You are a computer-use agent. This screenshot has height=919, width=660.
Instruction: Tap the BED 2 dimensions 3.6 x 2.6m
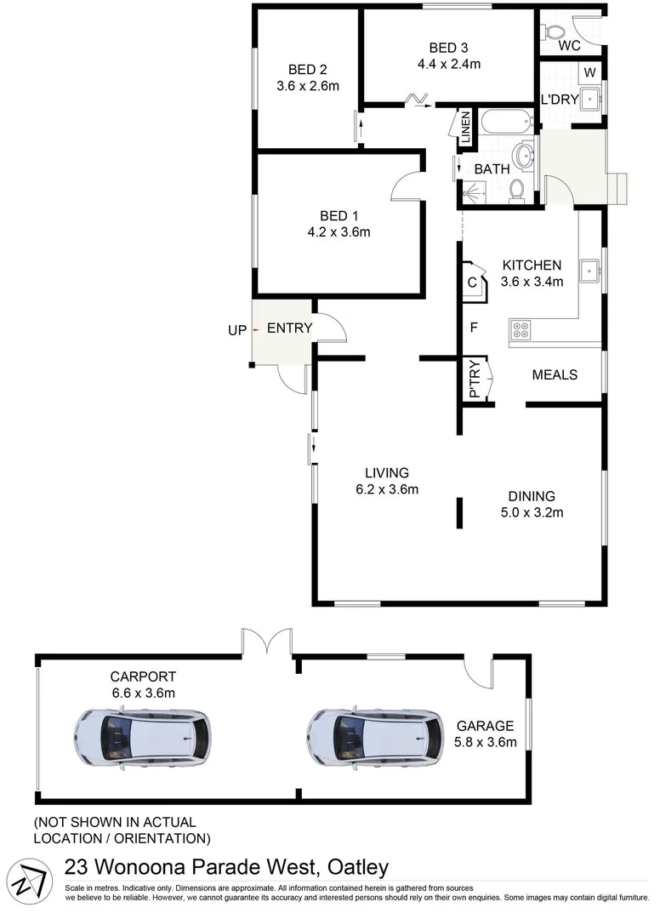pos(308,86)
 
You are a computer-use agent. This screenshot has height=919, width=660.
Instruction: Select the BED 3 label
pos(449,47)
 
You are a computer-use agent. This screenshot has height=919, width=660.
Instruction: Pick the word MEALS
pos(555,374)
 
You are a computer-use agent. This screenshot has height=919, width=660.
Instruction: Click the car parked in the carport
pos(141,734)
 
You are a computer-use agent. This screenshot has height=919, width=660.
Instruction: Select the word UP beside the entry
pos(236,328)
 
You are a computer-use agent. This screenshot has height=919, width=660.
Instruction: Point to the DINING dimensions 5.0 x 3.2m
pos(532,512)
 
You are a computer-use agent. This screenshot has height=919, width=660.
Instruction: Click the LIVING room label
pos(387,472)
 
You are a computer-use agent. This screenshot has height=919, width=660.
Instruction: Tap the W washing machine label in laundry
pos(589,72)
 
